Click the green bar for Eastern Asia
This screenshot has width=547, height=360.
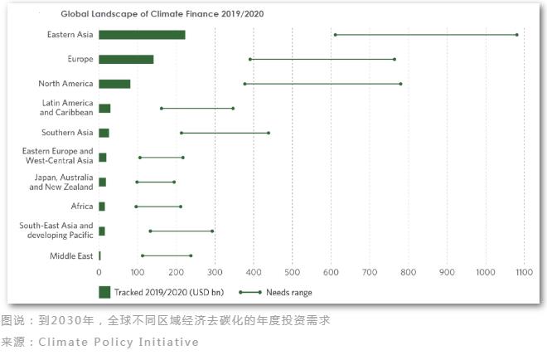142,35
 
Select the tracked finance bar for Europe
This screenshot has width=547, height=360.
126,59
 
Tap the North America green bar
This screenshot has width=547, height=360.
114,84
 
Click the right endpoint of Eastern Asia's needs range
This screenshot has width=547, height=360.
516,35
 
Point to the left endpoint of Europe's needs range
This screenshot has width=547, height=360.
250,59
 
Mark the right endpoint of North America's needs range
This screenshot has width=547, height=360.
400,84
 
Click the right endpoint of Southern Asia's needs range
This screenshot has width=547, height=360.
269,133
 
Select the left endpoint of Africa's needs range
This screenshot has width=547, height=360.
136,207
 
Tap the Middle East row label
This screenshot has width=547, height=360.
73,255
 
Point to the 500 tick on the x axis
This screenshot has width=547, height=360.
292,271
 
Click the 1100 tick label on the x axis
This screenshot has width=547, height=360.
524,271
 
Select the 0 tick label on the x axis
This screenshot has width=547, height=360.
99,271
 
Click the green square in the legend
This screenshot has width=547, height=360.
104,292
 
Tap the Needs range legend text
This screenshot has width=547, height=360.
291,292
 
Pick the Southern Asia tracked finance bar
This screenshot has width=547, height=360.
104,133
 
